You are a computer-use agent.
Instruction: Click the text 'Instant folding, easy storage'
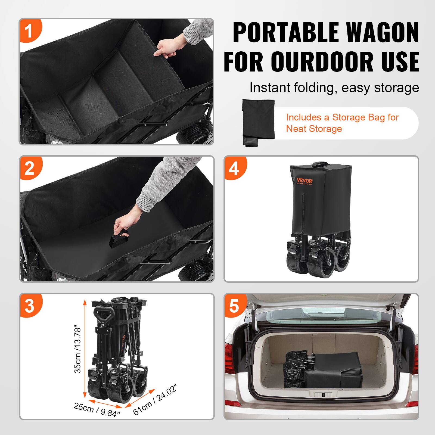[334, 88]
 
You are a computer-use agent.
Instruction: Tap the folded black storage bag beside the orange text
[258, 122]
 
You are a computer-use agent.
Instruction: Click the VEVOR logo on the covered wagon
[305, 180]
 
